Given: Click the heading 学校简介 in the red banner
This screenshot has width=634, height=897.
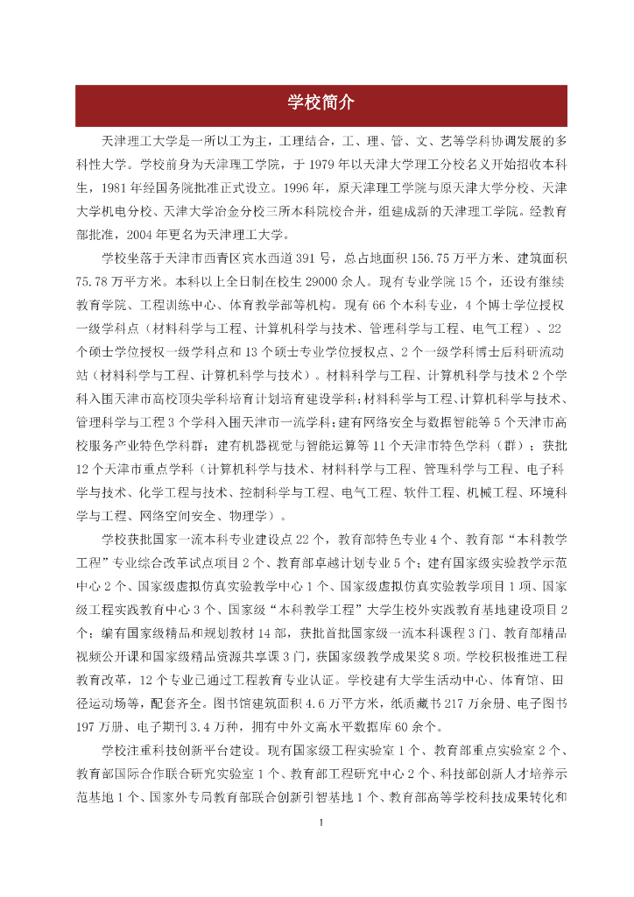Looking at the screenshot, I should (x=321, y=103).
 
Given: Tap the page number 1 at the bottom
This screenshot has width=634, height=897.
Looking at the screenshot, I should (x=321, y=822).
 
